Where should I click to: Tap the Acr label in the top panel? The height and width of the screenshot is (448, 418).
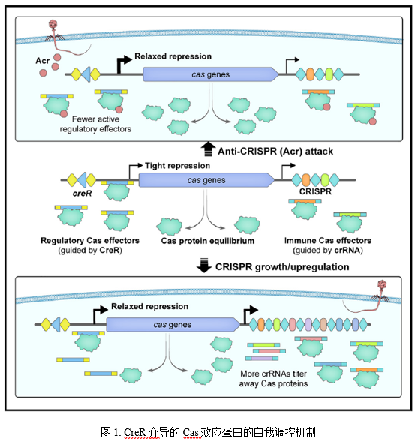pyautogui.click(x=43, y=61)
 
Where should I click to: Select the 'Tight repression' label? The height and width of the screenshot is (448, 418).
pyautogui.click(x=177, y=166)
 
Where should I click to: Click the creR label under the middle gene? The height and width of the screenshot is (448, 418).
pyautogui.click(x=82, y=194)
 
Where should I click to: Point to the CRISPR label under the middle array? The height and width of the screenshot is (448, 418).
pyautogui.click(x=315, y=191)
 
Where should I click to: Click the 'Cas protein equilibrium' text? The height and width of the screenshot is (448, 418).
pyautogui.click(x=208, y=241)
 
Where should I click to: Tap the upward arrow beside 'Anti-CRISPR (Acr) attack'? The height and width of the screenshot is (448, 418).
pyautogui.click(x=209, y=149)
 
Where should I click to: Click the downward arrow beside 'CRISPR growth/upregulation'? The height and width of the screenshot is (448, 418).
pyautogui.click(x=204, y=266)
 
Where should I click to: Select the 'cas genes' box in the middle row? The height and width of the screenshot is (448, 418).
pyautogui.click(x=206, y=180)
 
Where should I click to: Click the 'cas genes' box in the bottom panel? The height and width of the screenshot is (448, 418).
pyautogui.click(x=173, y=325)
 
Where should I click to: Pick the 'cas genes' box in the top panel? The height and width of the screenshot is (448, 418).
pyautogui.click(x=211, y=74)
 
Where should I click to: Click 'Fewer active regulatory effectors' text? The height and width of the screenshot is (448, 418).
pyautogui.click(x=95, y=124)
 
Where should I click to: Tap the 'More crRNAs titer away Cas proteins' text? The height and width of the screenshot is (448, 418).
pyautogui.click(x=273, y=378)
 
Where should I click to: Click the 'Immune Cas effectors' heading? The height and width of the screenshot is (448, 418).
pyautogui.click(x=328, y=241)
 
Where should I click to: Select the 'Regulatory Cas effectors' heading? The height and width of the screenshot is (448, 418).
pyautogui.click(x=90, y=241)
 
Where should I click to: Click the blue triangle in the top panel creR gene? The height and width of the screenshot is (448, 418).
pyautogui.click(x=86, y=74)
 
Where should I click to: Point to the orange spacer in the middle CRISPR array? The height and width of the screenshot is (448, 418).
pyautogui.click(x=306, y=180)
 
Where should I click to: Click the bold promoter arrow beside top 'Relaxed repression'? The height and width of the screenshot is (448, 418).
pyautogui.click(x=123, y=65)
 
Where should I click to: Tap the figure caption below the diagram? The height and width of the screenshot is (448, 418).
pyautogui.click(x=208, y=432)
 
